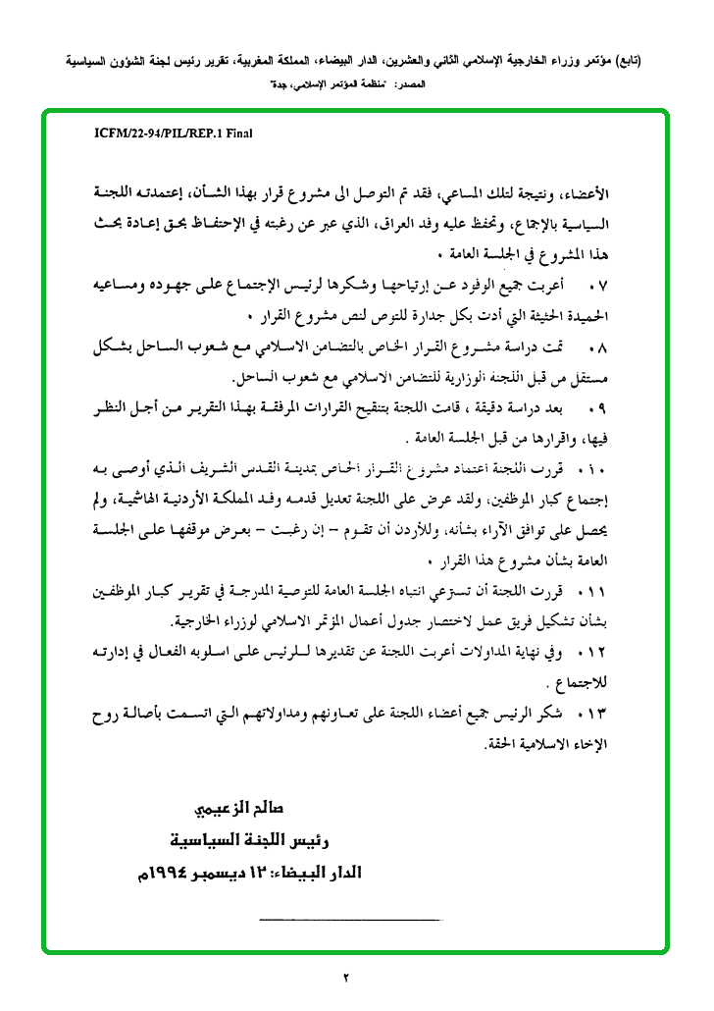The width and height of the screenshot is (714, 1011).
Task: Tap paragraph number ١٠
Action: (595, 467)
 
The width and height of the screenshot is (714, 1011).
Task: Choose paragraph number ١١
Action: (595, 591)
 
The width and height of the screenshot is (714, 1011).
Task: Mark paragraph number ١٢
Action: (595, 652)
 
